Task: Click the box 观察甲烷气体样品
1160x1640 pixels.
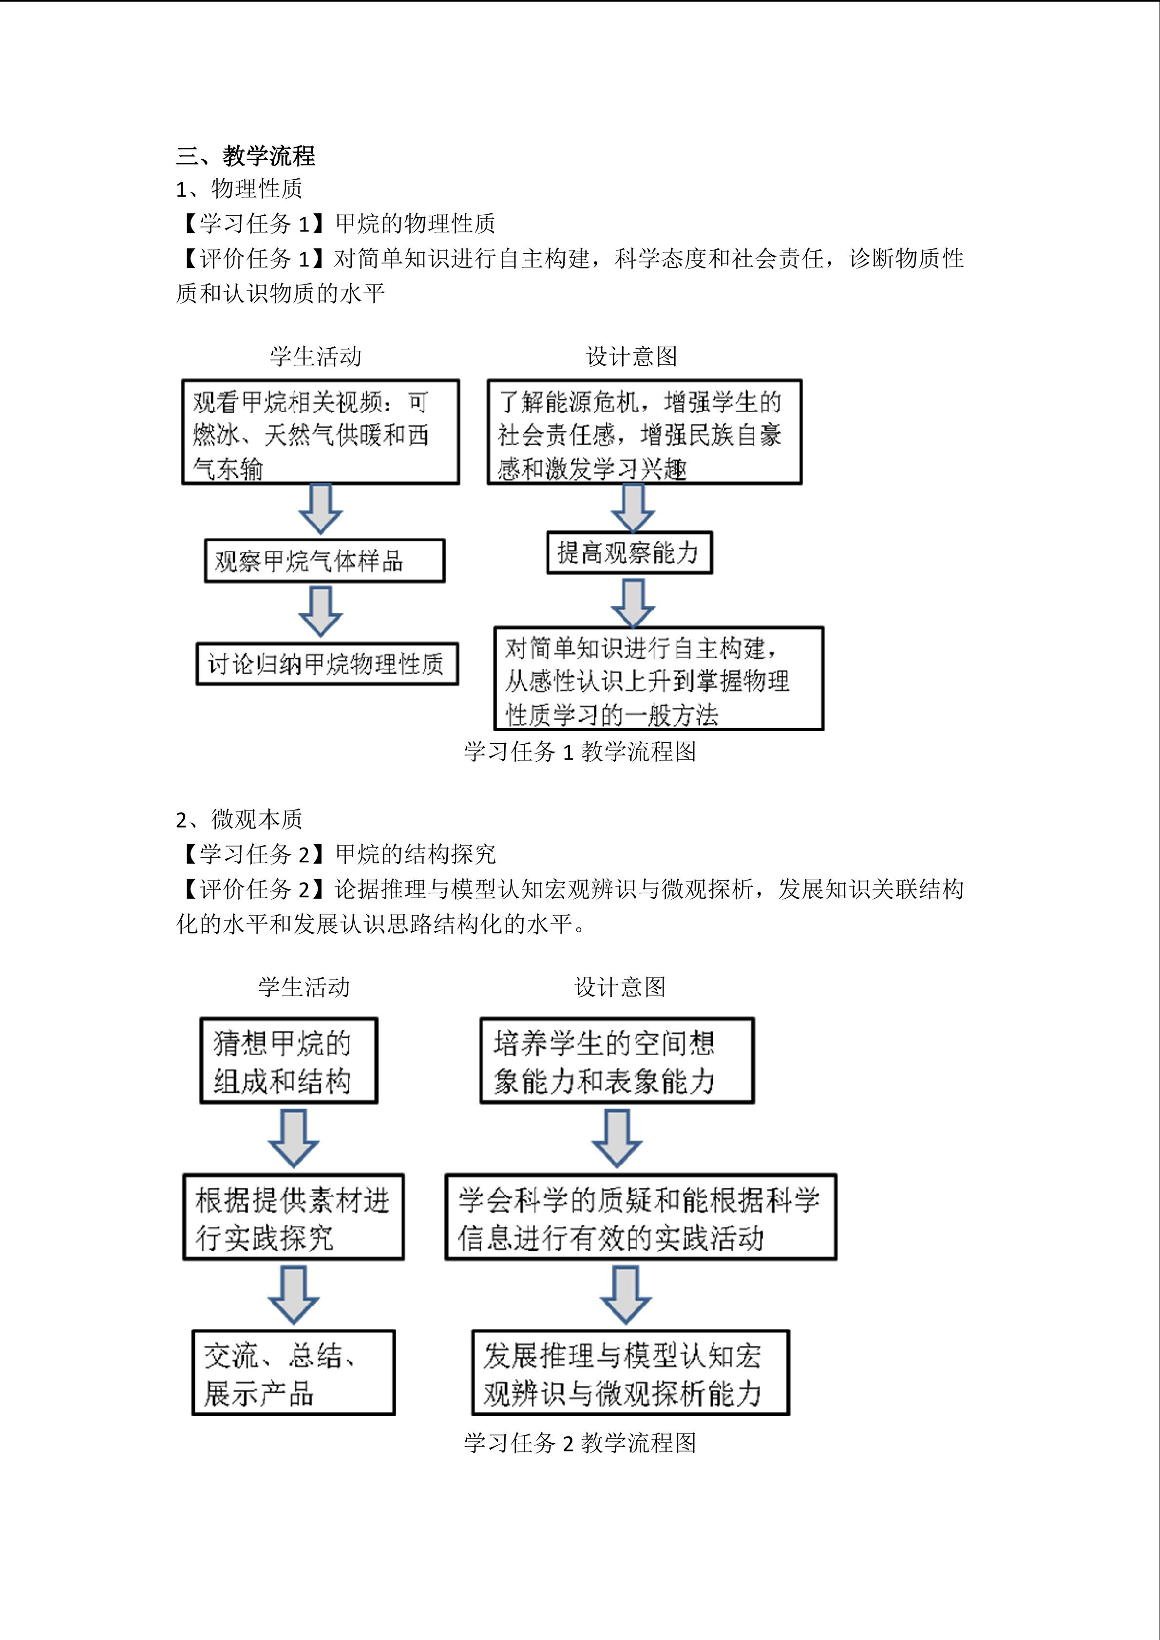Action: [324, 561]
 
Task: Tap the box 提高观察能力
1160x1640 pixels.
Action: [629, 552]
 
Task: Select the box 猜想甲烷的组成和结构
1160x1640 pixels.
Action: [288, 1061]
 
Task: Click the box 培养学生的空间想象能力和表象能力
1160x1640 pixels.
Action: [616, 1061]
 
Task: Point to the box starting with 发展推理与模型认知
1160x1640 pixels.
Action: [630, 1372]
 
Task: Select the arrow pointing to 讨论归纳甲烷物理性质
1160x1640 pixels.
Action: [320, 611]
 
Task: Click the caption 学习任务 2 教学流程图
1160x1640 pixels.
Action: [579, 1443]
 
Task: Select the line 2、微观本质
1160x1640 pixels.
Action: [239, 819]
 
